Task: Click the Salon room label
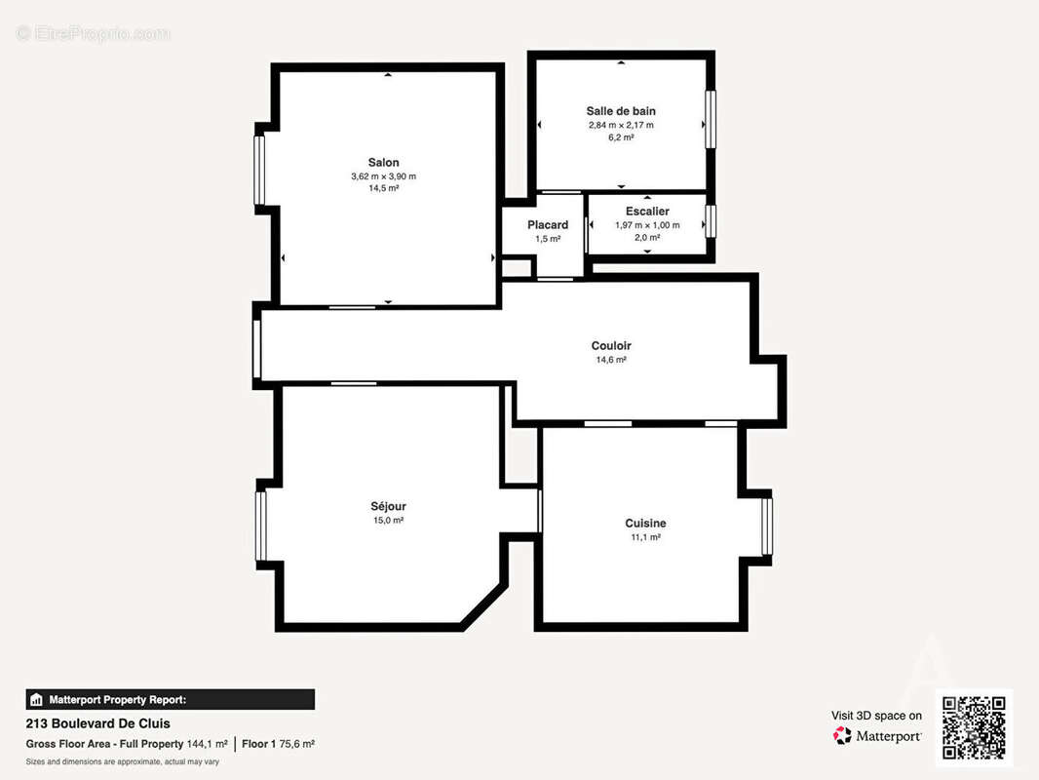384,163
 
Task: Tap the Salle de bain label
621,111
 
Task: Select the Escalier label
647,212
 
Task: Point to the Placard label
548,225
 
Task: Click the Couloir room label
611,346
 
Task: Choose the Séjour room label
388,506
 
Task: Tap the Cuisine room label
645,524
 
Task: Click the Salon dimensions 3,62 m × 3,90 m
384,176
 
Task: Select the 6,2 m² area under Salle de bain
621,137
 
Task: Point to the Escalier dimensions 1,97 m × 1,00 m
647,225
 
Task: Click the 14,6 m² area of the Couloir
611,360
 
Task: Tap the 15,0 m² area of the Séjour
388,521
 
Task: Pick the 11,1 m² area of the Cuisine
645,537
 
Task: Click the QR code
974,727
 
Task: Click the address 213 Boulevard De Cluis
98,723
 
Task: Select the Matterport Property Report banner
171,700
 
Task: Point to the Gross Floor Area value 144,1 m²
208,744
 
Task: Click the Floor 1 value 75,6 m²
297,744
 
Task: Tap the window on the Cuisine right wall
767,526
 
